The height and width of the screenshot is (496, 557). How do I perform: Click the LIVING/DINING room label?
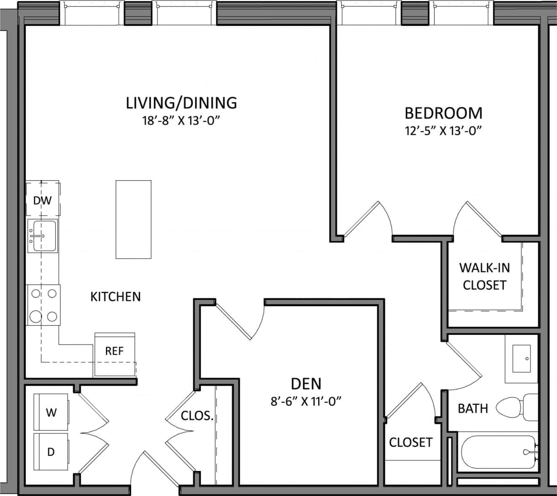(x=181, y=103)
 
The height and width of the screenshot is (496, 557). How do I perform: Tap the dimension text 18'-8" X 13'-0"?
(x=181, y=121)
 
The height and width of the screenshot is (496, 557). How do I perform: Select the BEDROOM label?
(x=443, y=113)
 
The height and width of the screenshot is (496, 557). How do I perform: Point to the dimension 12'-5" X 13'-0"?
(x=443, y=131)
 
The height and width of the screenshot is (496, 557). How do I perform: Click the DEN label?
(x=306, y=383)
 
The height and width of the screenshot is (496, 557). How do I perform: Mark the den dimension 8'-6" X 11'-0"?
(x=306, y=402)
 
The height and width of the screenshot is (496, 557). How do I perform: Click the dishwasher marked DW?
(x=43, y=200)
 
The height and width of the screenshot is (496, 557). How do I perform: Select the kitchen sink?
(x=42, y=235)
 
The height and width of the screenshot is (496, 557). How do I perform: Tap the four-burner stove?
(x=43, y=304)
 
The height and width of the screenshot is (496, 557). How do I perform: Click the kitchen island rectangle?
(x=133, y=219)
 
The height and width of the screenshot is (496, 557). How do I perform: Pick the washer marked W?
(x=51, y=412)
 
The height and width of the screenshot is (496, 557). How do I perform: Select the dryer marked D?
(x=51, y=452)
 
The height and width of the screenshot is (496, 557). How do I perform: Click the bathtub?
(x=498, y=453)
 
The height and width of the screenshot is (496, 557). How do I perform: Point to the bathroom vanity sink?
(x=521, y=359)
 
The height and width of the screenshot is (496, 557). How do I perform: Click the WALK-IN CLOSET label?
(x=484, y=276)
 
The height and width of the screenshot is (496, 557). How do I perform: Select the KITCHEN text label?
(x=116, y=297)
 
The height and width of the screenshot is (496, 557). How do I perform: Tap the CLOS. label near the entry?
(x=197, y=416)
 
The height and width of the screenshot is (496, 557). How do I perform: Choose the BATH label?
(x=473, y=408)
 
